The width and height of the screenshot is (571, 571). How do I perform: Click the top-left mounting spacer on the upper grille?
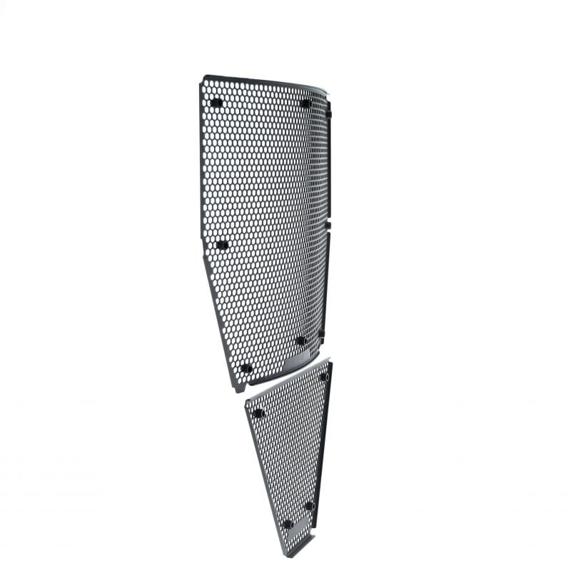(216, 103)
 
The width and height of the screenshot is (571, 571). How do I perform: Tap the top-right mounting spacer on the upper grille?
(306, 103)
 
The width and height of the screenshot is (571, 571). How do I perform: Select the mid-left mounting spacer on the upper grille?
(222, 245)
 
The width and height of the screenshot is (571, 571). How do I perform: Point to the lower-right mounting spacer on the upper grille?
(300, 340)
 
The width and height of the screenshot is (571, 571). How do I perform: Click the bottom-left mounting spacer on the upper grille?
(246, 368)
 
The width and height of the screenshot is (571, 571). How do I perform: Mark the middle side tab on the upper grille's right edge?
(328, 226)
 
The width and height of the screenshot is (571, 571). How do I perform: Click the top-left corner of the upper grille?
(203, 77)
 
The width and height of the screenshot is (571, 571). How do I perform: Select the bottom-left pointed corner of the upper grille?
(238, 390)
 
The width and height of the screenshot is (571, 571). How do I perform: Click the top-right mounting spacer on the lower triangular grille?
(323, 376)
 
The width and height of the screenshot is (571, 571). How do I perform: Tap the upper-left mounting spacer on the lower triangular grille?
(259, 413)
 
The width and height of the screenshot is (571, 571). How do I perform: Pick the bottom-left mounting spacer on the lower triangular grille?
(288, 525)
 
